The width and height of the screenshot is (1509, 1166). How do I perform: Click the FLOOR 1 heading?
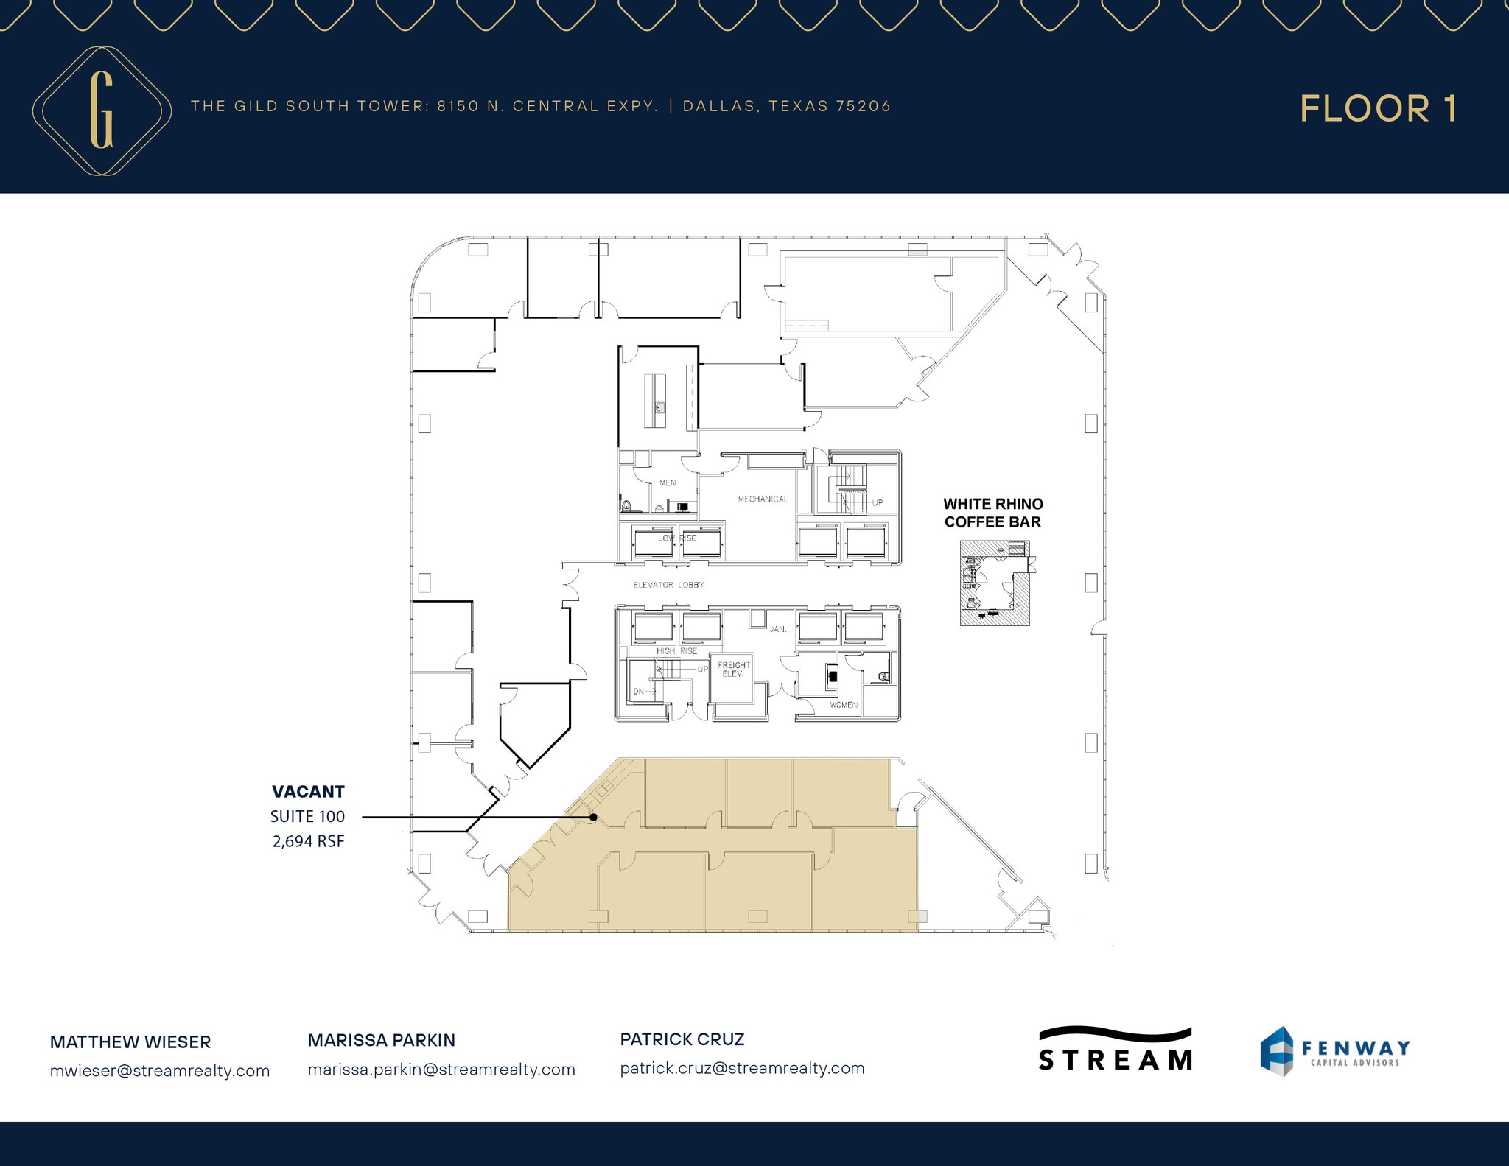coord(1378,109)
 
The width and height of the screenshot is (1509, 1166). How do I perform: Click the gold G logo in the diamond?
coord(102,110)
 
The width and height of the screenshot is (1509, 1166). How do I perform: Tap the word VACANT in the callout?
coord(308,792)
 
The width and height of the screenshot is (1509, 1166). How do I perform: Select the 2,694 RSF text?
coord(308,841)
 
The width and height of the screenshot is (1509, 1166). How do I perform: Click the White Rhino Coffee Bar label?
coord(992,513)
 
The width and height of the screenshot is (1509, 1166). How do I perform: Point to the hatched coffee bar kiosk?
coord(994,583)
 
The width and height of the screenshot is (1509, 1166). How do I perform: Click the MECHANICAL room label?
coord(763,499)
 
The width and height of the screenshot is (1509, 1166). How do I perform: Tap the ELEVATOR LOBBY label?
coord(668,585)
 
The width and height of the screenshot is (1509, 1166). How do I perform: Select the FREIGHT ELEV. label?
coord(734,670)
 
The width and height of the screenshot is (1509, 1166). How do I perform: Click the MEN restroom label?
coord(668,483)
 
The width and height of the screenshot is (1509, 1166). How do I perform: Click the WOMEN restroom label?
coord(844,705)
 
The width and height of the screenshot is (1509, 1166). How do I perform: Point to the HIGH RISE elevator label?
coord(676,651)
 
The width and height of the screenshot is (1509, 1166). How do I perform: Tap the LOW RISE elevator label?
coord(676,538)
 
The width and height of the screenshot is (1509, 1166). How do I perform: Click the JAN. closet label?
coord(778,630)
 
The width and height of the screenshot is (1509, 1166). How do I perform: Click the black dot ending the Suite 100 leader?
coord(593,817)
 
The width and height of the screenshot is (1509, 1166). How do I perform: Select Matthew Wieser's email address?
coord(160,1071)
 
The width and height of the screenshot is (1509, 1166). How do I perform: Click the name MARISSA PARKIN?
coord(381,1040)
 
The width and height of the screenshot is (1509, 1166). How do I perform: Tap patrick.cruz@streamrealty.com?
coord(742,1068)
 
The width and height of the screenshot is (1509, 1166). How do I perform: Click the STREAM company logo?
coord(1115,1049)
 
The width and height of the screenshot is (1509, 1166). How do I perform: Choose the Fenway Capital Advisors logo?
coord(1334,1051)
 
